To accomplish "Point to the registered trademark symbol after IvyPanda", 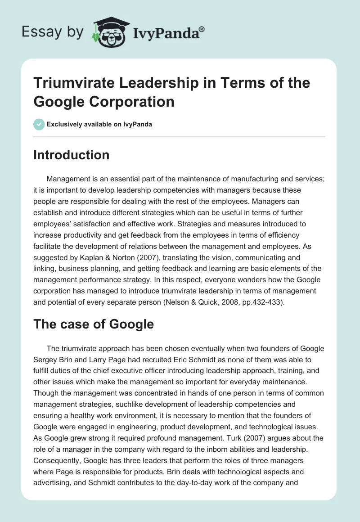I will pos(202,29).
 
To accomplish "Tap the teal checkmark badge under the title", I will pos(39,124).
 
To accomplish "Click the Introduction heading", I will pos(71,155).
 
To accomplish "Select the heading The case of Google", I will pos(93,324).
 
